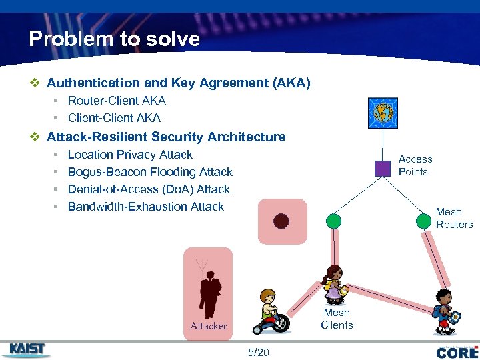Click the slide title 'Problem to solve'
point(114,39)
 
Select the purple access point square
point(382,168)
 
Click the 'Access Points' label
point(415,165)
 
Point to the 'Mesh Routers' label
point(454,218)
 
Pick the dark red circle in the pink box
point(281,221)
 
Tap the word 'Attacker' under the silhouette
point(208,326)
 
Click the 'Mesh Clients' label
point(337,319)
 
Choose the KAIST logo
point(27,349)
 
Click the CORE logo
point(457,351)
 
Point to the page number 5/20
point(258,352)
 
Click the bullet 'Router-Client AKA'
point(117,101)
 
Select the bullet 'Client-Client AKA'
point(114,118)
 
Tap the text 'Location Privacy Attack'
point(130,155)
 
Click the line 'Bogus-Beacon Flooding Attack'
point(150,172)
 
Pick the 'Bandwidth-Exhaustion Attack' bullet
point(145,207)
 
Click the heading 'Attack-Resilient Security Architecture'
point(166,137)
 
